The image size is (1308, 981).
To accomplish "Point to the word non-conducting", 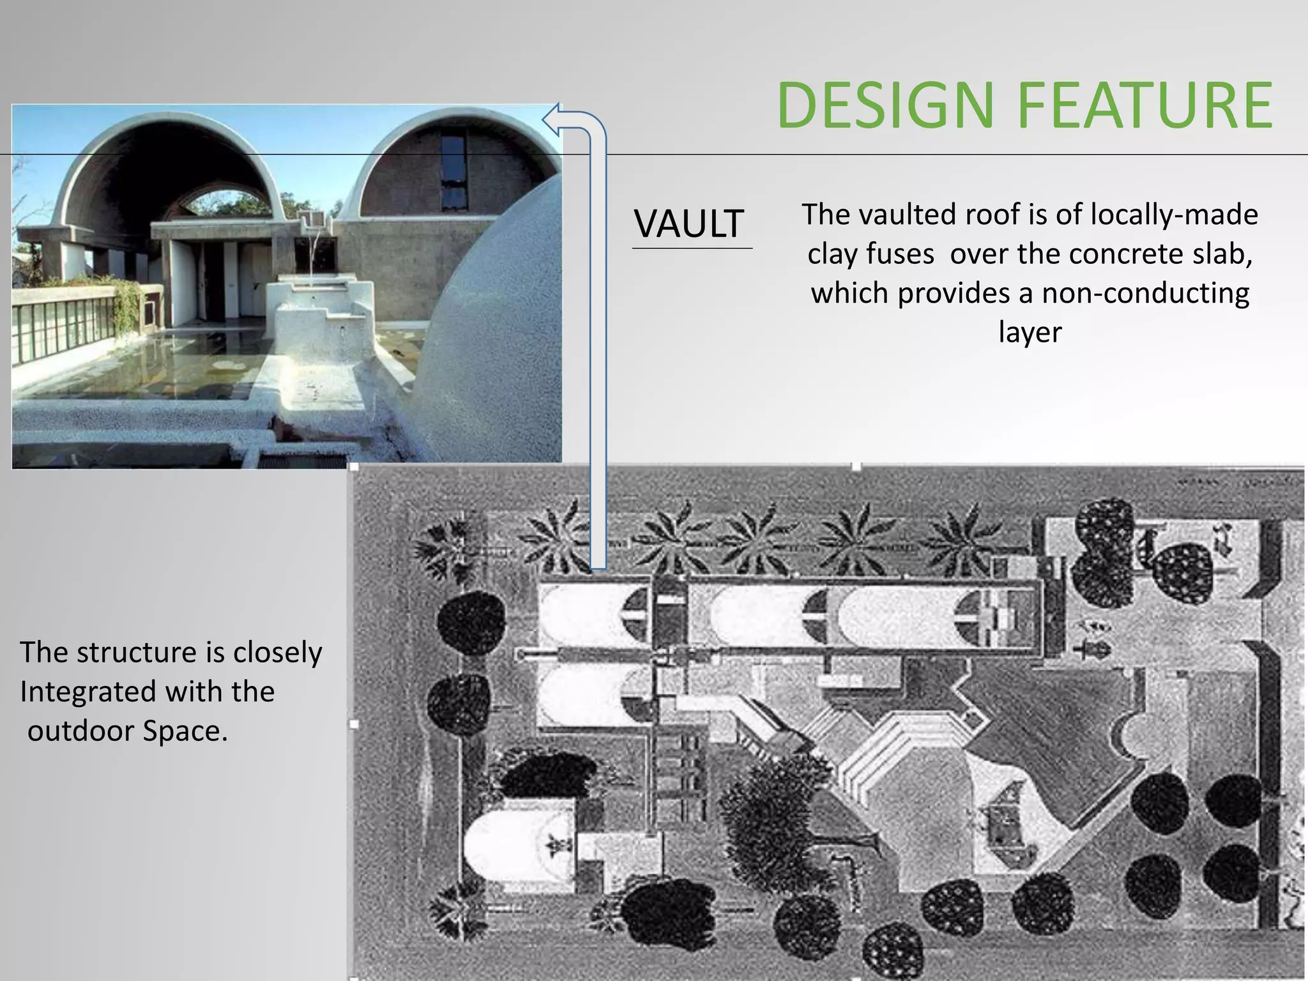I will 1146,293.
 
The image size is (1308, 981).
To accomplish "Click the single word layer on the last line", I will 1030,332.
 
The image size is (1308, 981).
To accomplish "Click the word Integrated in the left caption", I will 87,692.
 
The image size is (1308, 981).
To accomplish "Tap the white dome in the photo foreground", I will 492,332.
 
